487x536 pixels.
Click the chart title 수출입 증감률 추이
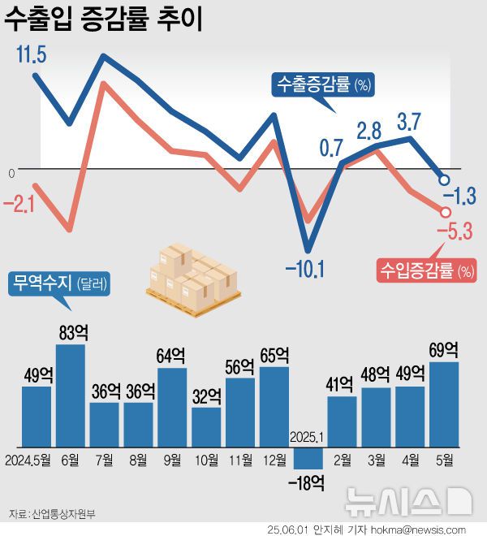pyautogui.click(x=104, y=19)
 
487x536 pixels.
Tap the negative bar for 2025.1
pyautogui.click(x=308, y=458)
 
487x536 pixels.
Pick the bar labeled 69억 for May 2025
pyautogui.click(x=444, y=404)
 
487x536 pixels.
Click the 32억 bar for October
pyautogui.click(x=206, y=427)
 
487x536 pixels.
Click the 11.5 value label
pyautogui.click(x=31, y=55)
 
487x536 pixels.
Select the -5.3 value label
pyautogui.click(x=455, y=234)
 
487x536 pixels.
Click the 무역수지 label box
pyautogui.click(x=59, y=283)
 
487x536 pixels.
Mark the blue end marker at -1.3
pyautogui.click(x=445, y=179)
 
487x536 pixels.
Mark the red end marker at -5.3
pyautogui.click(x=445, y=211)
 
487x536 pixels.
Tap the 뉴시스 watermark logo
pyautogui.click(x=407, y=500)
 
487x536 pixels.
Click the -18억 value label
pyautogui.click(x=307, y=484)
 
